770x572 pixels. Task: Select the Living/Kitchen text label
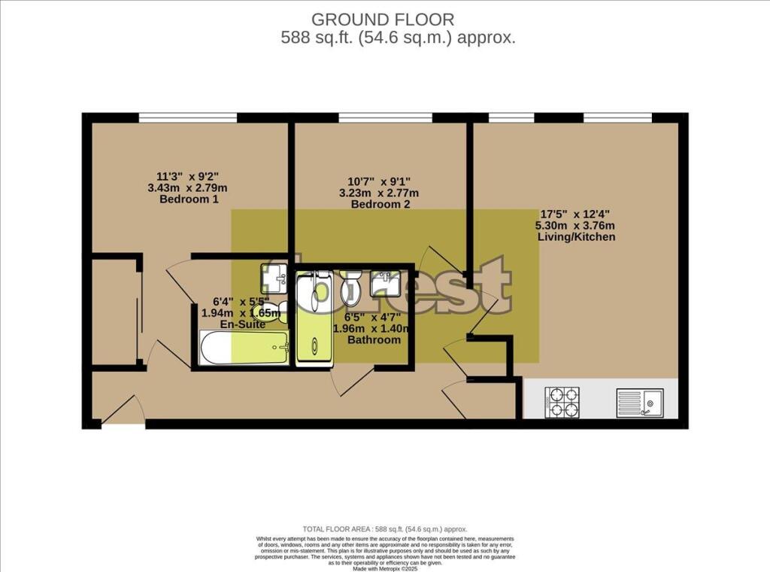coord(576,237)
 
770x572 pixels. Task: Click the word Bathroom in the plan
coord(374,340)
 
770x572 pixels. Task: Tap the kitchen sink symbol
coord(638,403)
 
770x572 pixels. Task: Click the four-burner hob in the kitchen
coord(562,402)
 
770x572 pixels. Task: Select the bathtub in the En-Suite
coord(244,348)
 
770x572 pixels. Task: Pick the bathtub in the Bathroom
coord(314,319)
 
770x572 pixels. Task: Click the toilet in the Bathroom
coord(351,286)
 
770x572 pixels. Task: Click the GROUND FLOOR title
coord(383,20)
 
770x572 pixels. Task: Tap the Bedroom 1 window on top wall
coord(188,117)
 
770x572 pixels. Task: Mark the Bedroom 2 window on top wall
coord(385,117)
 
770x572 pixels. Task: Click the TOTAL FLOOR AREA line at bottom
coord(384,529)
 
